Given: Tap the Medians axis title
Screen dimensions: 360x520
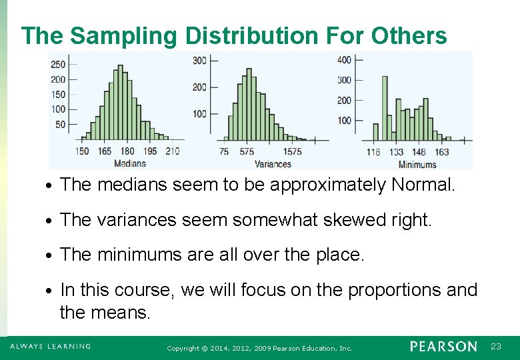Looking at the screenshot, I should pyautogui.click(x=129, y=163).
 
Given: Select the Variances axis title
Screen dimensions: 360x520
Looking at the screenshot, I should pyautogui.click(x=273, y=163).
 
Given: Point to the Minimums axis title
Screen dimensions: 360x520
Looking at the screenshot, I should pyautogui.click(x=418, y=164).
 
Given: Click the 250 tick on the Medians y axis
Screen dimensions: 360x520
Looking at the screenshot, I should pyautogui.click(x=58, y=64).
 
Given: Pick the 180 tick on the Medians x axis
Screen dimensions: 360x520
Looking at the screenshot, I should pyautogui.click(x=127, y=151).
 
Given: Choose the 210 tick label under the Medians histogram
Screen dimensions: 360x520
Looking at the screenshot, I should pyautogui.click(x=172, y=151).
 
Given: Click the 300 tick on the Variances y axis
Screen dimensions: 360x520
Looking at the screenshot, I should pyautogui.click(x=199, y=61).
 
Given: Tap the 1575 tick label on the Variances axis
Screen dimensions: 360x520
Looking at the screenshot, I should pyautogui.click(x=291, y=152).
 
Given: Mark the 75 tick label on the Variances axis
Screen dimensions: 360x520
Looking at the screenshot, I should pyautogui.click(x=224, y=152).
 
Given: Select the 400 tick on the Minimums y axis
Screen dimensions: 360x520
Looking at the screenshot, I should pyautogui.click(x=344, y=60).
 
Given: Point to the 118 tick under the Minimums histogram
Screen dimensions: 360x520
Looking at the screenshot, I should pyautogui.click(x=373, y=152).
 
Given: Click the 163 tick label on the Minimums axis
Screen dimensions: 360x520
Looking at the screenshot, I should pyautogui.click(x=441, y=152).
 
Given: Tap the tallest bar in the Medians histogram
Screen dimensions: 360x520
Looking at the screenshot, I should pyautogui.click(x=120, y=103).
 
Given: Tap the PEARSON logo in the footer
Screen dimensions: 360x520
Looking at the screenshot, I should pyautogui.click(x=443, y=347).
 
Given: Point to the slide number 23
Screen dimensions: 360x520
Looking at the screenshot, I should pyautogui.click(x=495, y=347).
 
